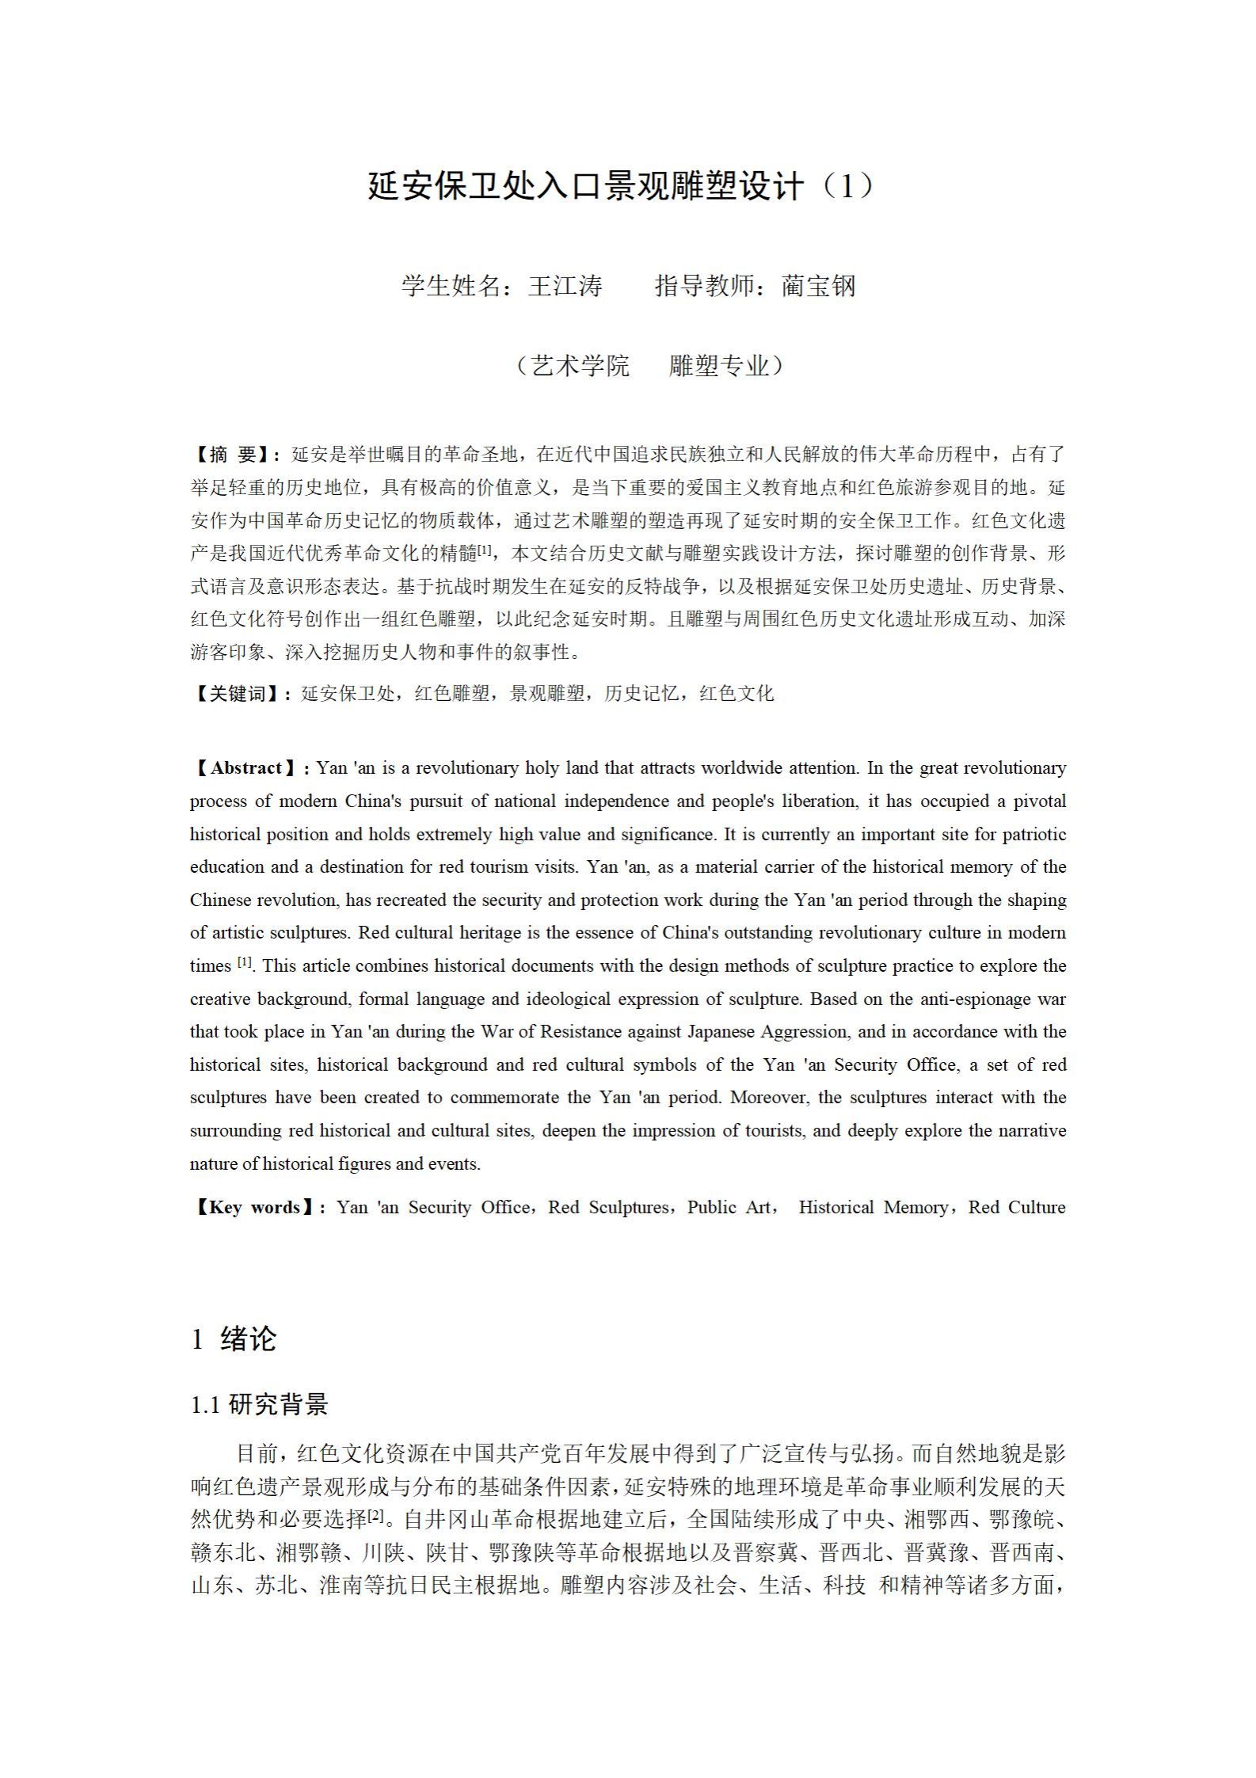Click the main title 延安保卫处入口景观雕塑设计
[x=586, y=187]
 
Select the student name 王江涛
[x=565, y=286]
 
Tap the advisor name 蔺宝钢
[x=818, y=286]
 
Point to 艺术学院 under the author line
[x=580, y=366]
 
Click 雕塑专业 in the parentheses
[x=718, y=366]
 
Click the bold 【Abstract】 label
[x=246, y=768]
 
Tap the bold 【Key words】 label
[x=254, y=1208]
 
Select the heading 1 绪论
[x=234, y=1338]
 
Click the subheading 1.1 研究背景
[x=259, y=1405]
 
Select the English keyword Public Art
[x=728, y=1208]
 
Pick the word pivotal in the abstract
[x=1036, y=801]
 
